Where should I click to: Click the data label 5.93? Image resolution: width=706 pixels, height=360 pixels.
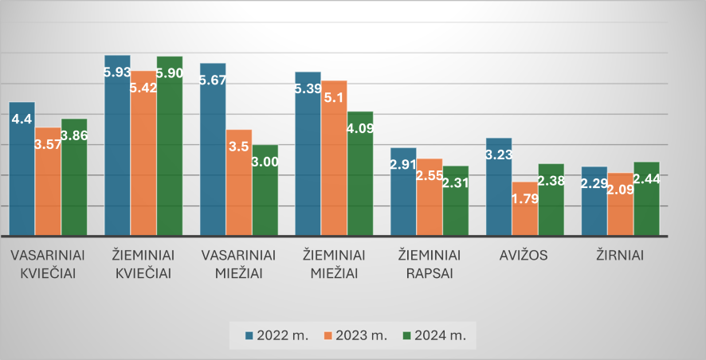118,72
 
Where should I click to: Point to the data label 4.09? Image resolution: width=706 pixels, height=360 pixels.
359,125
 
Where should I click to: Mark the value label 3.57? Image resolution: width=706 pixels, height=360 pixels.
48,144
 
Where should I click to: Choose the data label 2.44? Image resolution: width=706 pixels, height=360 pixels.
646,179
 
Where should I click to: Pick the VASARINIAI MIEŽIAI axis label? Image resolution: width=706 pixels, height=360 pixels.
239,264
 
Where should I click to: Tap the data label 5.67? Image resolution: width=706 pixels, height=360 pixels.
214,80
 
